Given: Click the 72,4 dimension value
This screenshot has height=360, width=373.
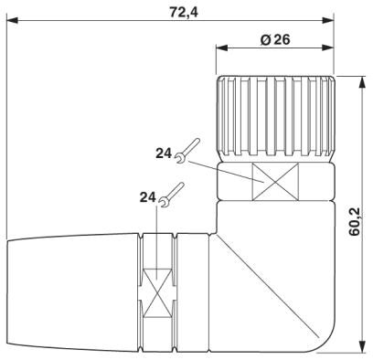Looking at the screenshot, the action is (x=184, y=12).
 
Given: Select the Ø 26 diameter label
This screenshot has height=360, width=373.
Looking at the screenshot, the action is (x=275, y=39).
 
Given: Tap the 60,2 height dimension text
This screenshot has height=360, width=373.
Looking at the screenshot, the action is (x=355, y=222).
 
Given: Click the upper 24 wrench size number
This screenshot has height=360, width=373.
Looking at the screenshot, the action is (x=164, y=154).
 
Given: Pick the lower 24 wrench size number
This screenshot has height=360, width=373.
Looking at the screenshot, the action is (x=148, y=197).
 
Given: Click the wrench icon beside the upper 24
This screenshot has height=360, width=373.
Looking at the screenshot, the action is (x=187, y=151).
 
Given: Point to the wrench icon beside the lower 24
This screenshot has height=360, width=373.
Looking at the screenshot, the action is (x=172, y=195).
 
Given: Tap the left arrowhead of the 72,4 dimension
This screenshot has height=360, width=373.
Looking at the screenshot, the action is (x=13, y=21).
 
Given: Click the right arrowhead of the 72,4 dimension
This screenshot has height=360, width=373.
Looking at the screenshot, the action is (x=328, y=21).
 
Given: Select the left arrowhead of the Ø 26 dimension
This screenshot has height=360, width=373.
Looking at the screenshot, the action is (x=222, y=48).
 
